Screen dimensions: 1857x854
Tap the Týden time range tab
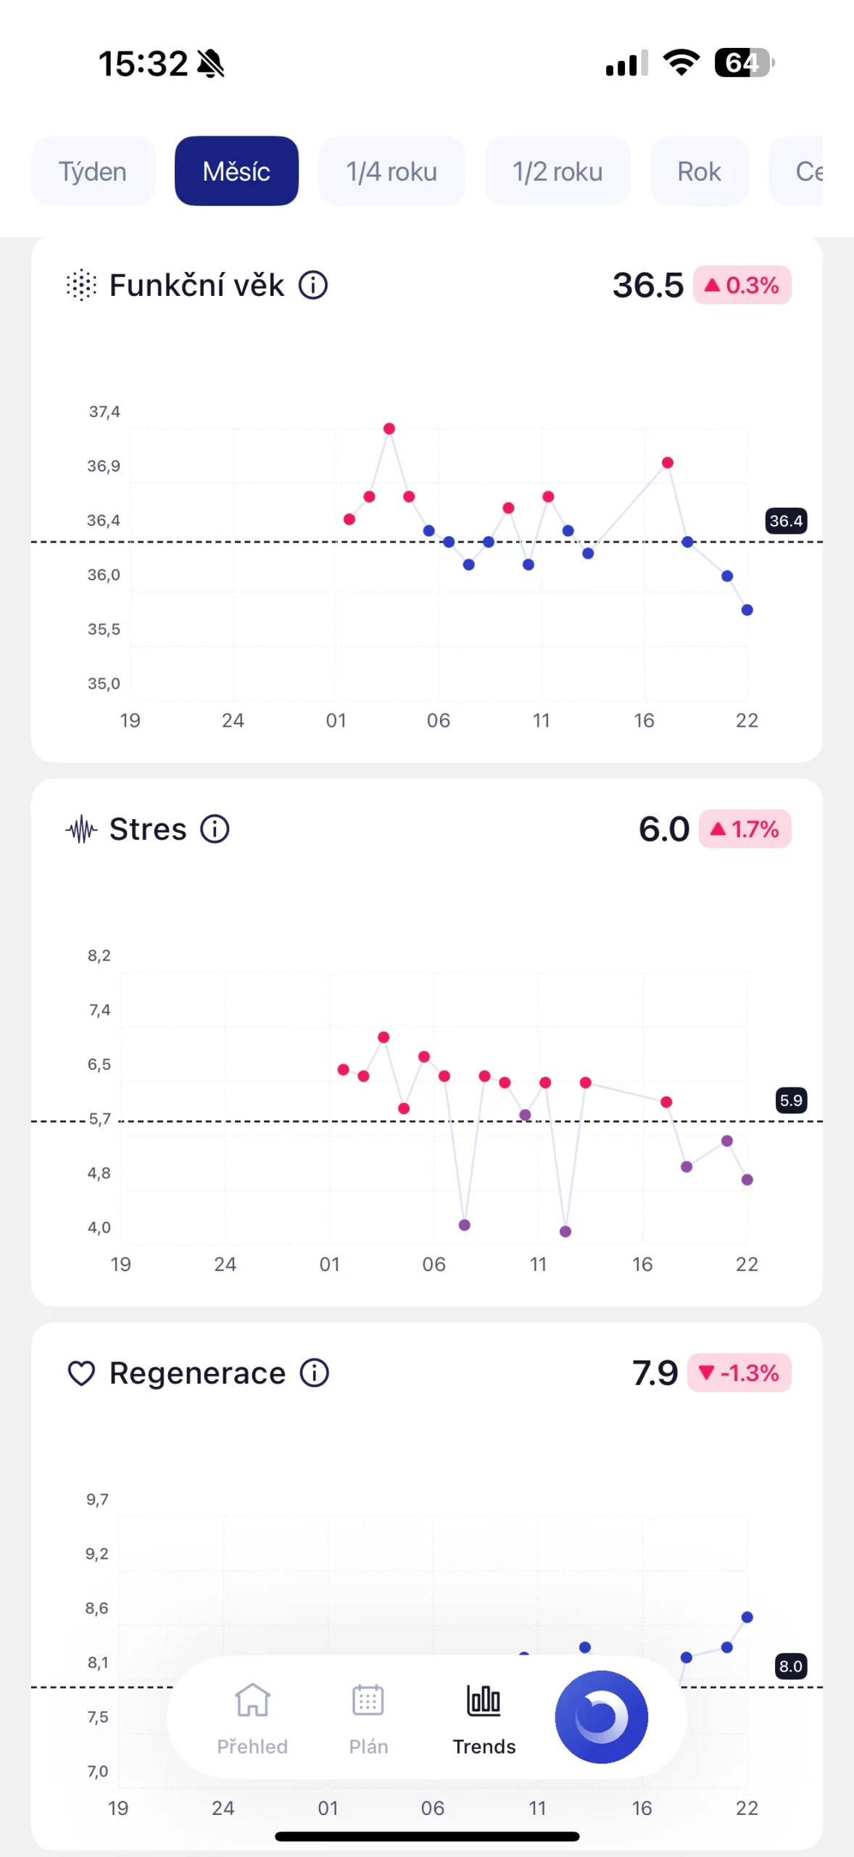pyautogui.click(x=93, y=172)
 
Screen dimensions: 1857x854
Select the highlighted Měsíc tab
pyautogui.click(x=236, y=172)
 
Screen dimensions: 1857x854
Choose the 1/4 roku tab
pyautogui.click(x=391, y=172)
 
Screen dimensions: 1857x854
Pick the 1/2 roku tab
pyautogui.click(x=557, y=172)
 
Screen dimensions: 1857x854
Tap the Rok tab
pyautogui.click(x=699, y=172)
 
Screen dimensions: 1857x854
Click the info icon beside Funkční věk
pyautogui.click(x=313, y=285)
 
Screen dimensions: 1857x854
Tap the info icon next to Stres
pyautogui.click(x=215, y=828)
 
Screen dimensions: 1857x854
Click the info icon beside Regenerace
pyautogui.click(x=315, y=1372)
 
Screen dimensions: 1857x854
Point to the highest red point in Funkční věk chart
pyautogui.click(x=389, y=429)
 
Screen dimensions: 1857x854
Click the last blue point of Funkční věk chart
pyautogui.click(x=747, y=610)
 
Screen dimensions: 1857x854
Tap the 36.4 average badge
pyautogui.click(x=786, y=521)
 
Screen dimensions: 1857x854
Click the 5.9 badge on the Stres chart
pyautogui.click(x=791, y=1100)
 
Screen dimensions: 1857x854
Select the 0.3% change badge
pyautogui.click(x=742, y=285)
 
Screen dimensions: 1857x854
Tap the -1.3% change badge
pyautogui.click(x=739, y=1372)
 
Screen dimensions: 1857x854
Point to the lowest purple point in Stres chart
pyautogui.click(x=565, y=1231)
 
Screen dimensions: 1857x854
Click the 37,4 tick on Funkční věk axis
pyautogui.click(x=104, y=412)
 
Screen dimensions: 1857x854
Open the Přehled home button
pyautogui.click(x=252, y=1716)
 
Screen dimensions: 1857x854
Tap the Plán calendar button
pyautogui.click(x=368, y=1716)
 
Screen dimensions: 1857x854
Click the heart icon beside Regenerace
pyautogui.click(x=81, y=1373)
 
